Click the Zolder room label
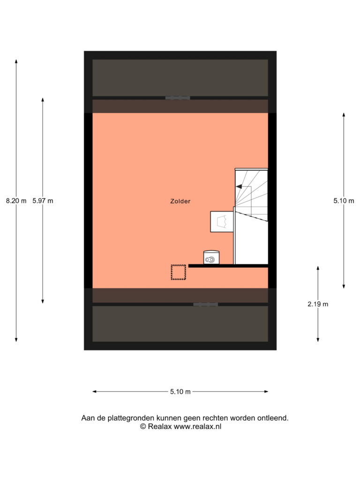click(180, 201)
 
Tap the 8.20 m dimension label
click(16, 201)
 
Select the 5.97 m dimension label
click(43, 201)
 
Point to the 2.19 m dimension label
click(318, 304)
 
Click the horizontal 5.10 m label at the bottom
click(180, 391)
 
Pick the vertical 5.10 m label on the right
click(344, 201)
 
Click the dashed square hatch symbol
click(179, 272)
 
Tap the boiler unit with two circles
click(211, 257)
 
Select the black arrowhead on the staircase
click(239, 187)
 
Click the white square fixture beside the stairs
click(222, 222)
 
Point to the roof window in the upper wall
click(178, 98)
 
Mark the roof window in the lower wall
click(206, 305)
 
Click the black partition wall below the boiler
click(228, 266)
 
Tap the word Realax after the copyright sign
click(159, 427)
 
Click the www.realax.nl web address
click(197, 427)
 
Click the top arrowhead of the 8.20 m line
click(16, 61)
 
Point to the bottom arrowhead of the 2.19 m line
click(318, 339)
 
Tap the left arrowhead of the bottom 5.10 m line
click(95, 391)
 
